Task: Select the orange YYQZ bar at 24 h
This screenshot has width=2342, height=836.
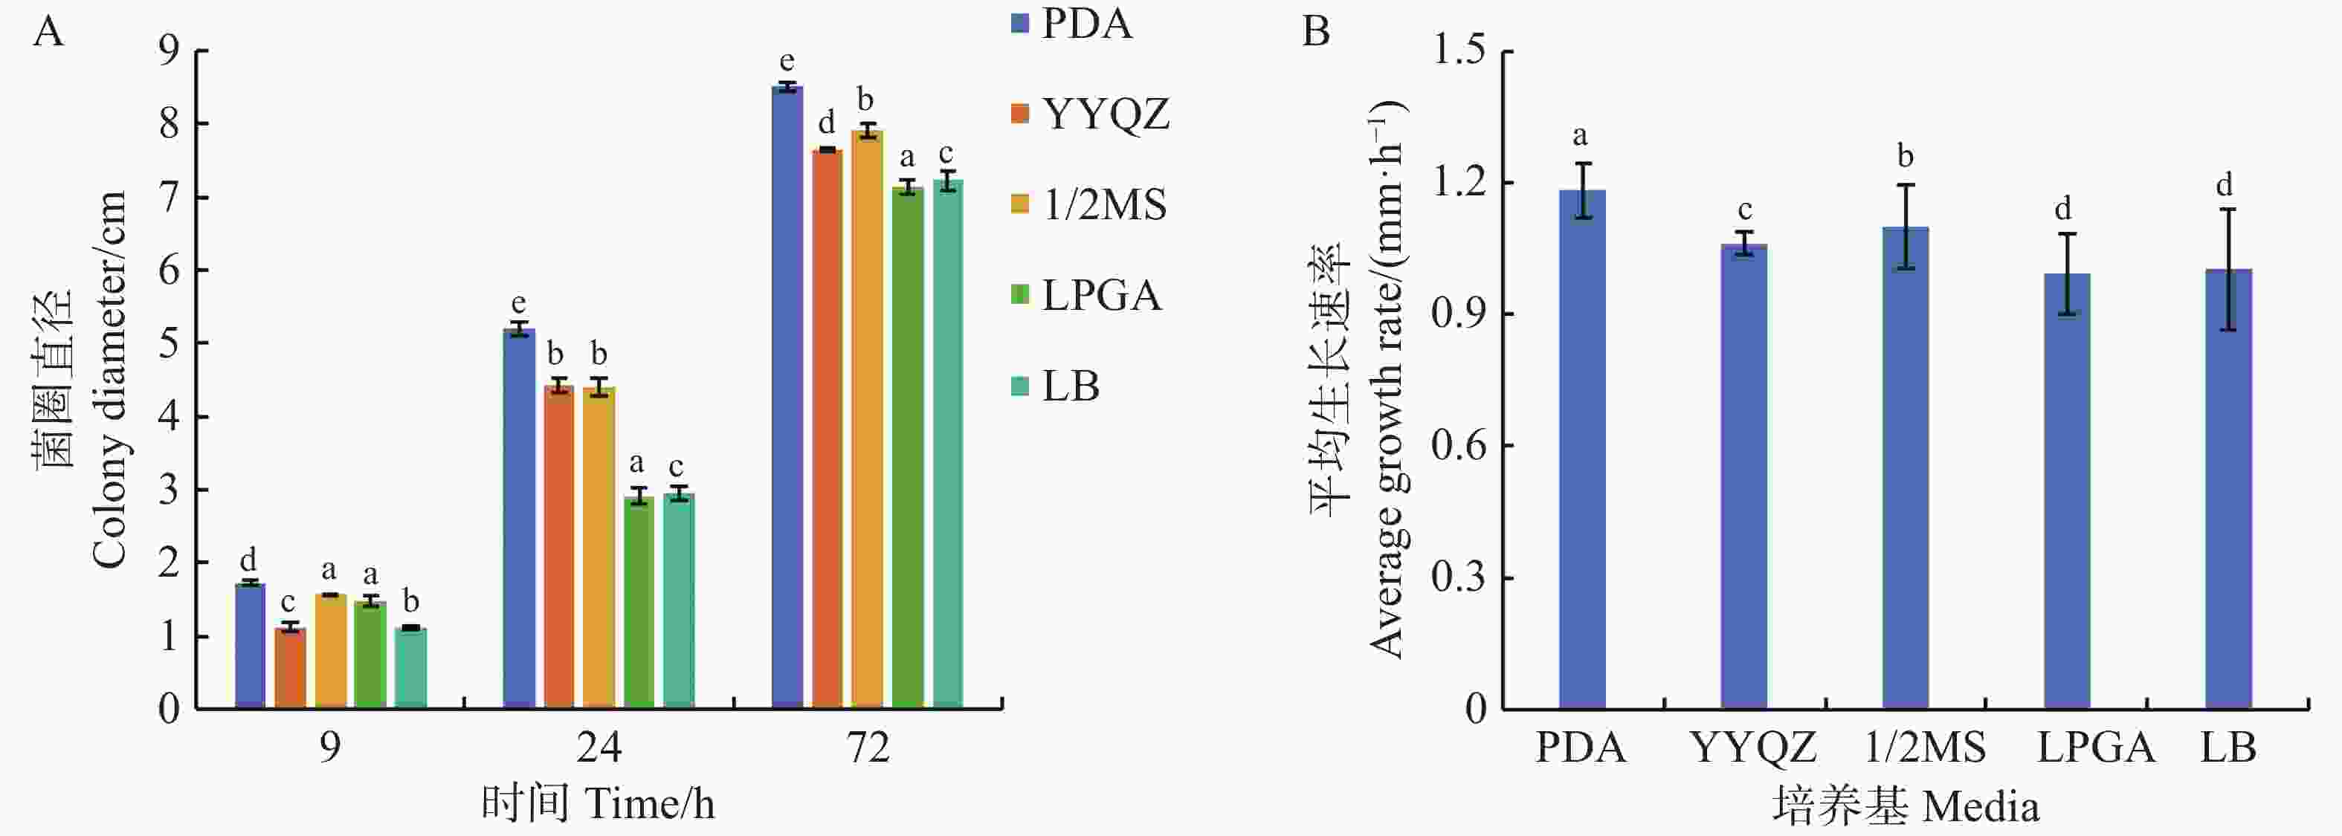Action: (559, 545)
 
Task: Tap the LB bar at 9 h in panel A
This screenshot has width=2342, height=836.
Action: (411, 667)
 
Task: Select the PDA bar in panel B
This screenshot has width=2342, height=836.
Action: (1582, 449)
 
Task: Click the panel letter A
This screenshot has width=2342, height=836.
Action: (49, 33)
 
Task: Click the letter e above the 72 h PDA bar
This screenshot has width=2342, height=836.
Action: (787, 62)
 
